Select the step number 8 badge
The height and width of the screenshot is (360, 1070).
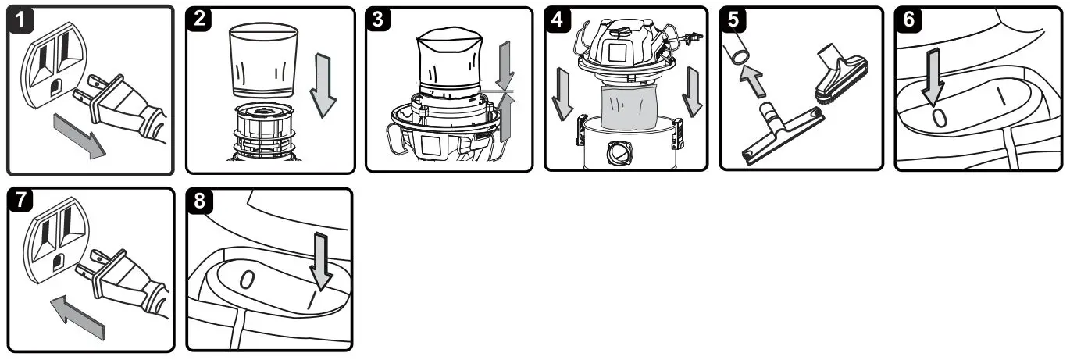(x=202, y=202)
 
